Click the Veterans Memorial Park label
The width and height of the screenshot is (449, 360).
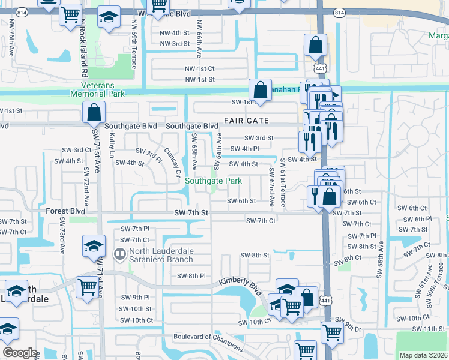tap(97, 89)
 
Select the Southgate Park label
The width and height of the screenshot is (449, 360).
tap(213, 181)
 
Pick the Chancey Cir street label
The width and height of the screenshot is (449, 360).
tap(172, 158)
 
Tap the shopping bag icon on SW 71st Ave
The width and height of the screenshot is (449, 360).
tap(94, 112)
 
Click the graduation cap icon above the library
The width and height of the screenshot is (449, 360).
tap(94, 247)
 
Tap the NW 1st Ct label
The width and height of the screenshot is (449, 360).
tap(199, 69)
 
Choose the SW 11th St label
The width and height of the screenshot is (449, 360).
tap(427, 329)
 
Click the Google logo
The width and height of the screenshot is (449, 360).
tap(20, 353)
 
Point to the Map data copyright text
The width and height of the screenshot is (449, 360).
tap(423, 355)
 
